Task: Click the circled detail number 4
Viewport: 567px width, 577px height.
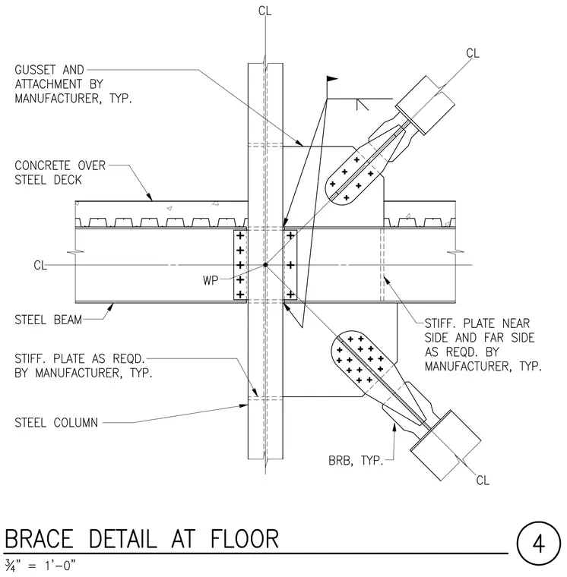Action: coord(538,544)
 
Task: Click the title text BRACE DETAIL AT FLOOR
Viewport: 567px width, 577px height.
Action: coord(142,539)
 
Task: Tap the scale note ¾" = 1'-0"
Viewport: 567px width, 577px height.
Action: coord(40,565)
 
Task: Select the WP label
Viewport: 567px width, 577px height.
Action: coord(211,280)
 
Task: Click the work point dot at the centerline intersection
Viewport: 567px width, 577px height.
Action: coord(265,264)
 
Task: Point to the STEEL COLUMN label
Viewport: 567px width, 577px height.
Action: coord(56,422)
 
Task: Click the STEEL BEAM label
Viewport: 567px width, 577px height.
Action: coord(48,320)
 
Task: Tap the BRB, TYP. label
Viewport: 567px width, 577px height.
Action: coord(356,460)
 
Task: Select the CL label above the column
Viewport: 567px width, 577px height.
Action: coord(265,11)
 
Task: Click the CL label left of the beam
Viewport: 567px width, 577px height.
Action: coord(40,265)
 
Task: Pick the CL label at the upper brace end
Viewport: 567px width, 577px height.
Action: coord(473,53)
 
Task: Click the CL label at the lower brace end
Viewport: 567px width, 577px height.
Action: coord(483,481)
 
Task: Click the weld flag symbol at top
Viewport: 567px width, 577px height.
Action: coord(331,79)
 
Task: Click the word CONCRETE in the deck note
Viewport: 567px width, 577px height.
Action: coord(43,166)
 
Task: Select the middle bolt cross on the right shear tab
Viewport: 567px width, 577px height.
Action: coord(290,265)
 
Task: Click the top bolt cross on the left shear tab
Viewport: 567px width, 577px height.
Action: coord(240,235)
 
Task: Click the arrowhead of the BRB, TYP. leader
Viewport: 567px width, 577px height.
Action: coord(394,427)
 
